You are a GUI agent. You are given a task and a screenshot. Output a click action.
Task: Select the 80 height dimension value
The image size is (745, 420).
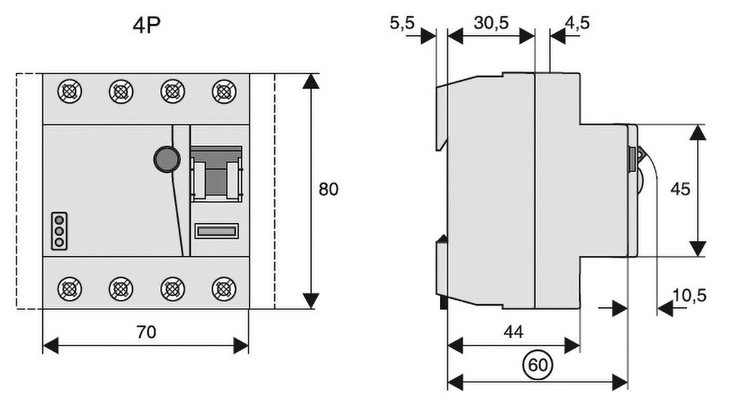pyautogui.click(x=328, y=189)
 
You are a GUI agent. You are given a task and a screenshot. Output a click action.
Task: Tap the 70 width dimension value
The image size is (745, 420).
pyautogui.click(x=146, y=332)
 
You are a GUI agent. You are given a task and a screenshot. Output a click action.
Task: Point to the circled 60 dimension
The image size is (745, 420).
pyautogui.click(x=537, y=364)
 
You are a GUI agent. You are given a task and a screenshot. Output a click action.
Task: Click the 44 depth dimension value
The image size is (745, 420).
pyautogui.click(x=514, y=332)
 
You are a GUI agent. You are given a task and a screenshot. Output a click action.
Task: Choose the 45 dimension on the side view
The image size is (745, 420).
pyautogui.click(x=680, y=189)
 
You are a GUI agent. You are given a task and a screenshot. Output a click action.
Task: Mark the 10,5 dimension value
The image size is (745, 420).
pyautogui.click(x=690, y=296)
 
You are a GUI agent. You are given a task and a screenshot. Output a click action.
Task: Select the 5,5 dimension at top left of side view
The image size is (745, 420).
pyautogui.click(x=402, y=23)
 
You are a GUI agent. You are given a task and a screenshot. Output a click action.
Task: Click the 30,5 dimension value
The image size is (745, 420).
pyautogui.click(x=491, y=23)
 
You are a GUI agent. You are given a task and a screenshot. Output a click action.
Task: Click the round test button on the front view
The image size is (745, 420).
pyautogui.click(x=167, y=158)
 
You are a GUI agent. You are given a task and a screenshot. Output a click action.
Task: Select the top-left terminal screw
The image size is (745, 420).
pyautogui.click(x=69, y=92)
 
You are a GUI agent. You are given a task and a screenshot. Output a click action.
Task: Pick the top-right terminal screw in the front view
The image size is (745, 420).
pyautogui.click(x=223, y=92)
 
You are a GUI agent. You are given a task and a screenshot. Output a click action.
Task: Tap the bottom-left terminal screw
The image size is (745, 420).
pyautogui.click(x=69, y=289)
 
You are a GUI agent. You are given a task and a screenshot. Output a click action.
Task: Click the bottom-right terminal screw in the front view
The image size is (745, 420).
pyautogui.click(x=223, y=289)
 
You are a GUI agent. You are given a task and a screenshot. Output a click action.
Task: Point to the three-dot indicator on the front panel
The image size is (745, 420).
pyautogui.click(x=59, y=230)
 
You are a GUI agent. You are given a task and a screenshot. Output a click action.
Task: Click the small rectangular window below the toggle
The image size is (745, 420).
pyautogui.click(x=216, y=232)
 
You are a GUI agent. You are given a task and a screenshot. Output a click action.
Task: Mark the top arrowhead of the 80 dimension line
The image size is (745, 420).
pyautogui.click(x=311, y=80)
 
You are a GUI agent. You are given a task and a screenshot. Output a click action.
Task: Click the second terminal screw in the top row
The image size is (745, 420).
pyautogui.click(x=121, y=92)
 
